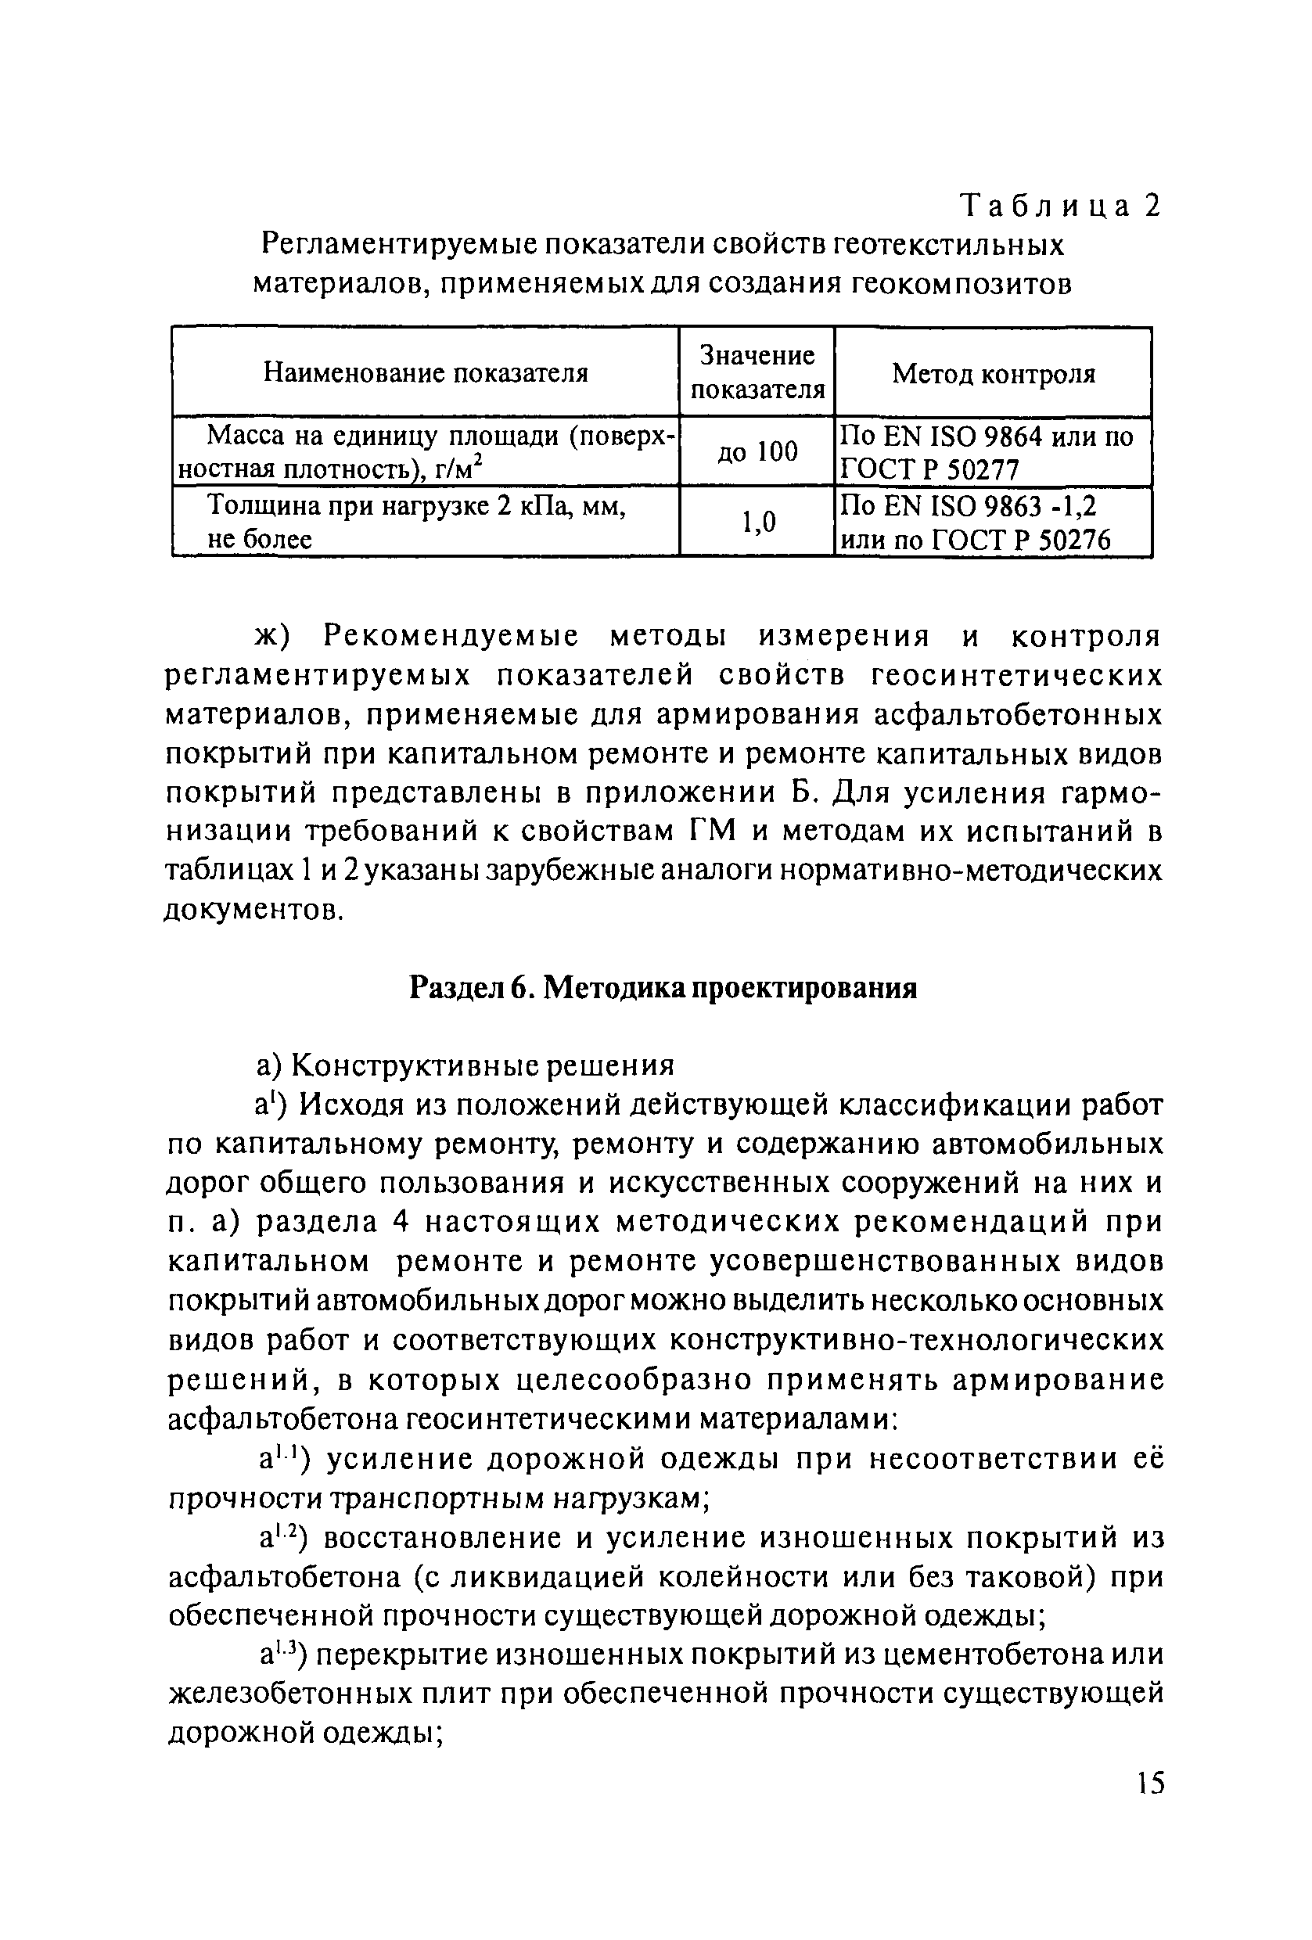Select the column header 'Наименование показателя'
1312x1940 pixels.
(x=426, y=372)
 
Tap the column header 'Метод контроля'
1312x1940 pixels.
(x=993, y=373)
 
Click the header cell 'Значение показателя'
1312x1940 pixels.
(x=757, y=372)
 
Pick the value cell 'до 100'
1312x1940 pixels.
(x=757, y=451)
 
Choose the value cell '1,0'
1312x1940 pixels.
(x=758, y=523)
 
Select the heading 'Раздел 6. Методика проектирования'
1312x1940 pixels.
(x=663, y=988)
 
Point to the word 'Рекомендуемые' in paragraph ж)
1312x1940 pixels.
(x=451, y=637)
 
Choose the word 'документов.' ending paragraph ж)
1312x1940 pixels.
(x=253, y=909)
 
